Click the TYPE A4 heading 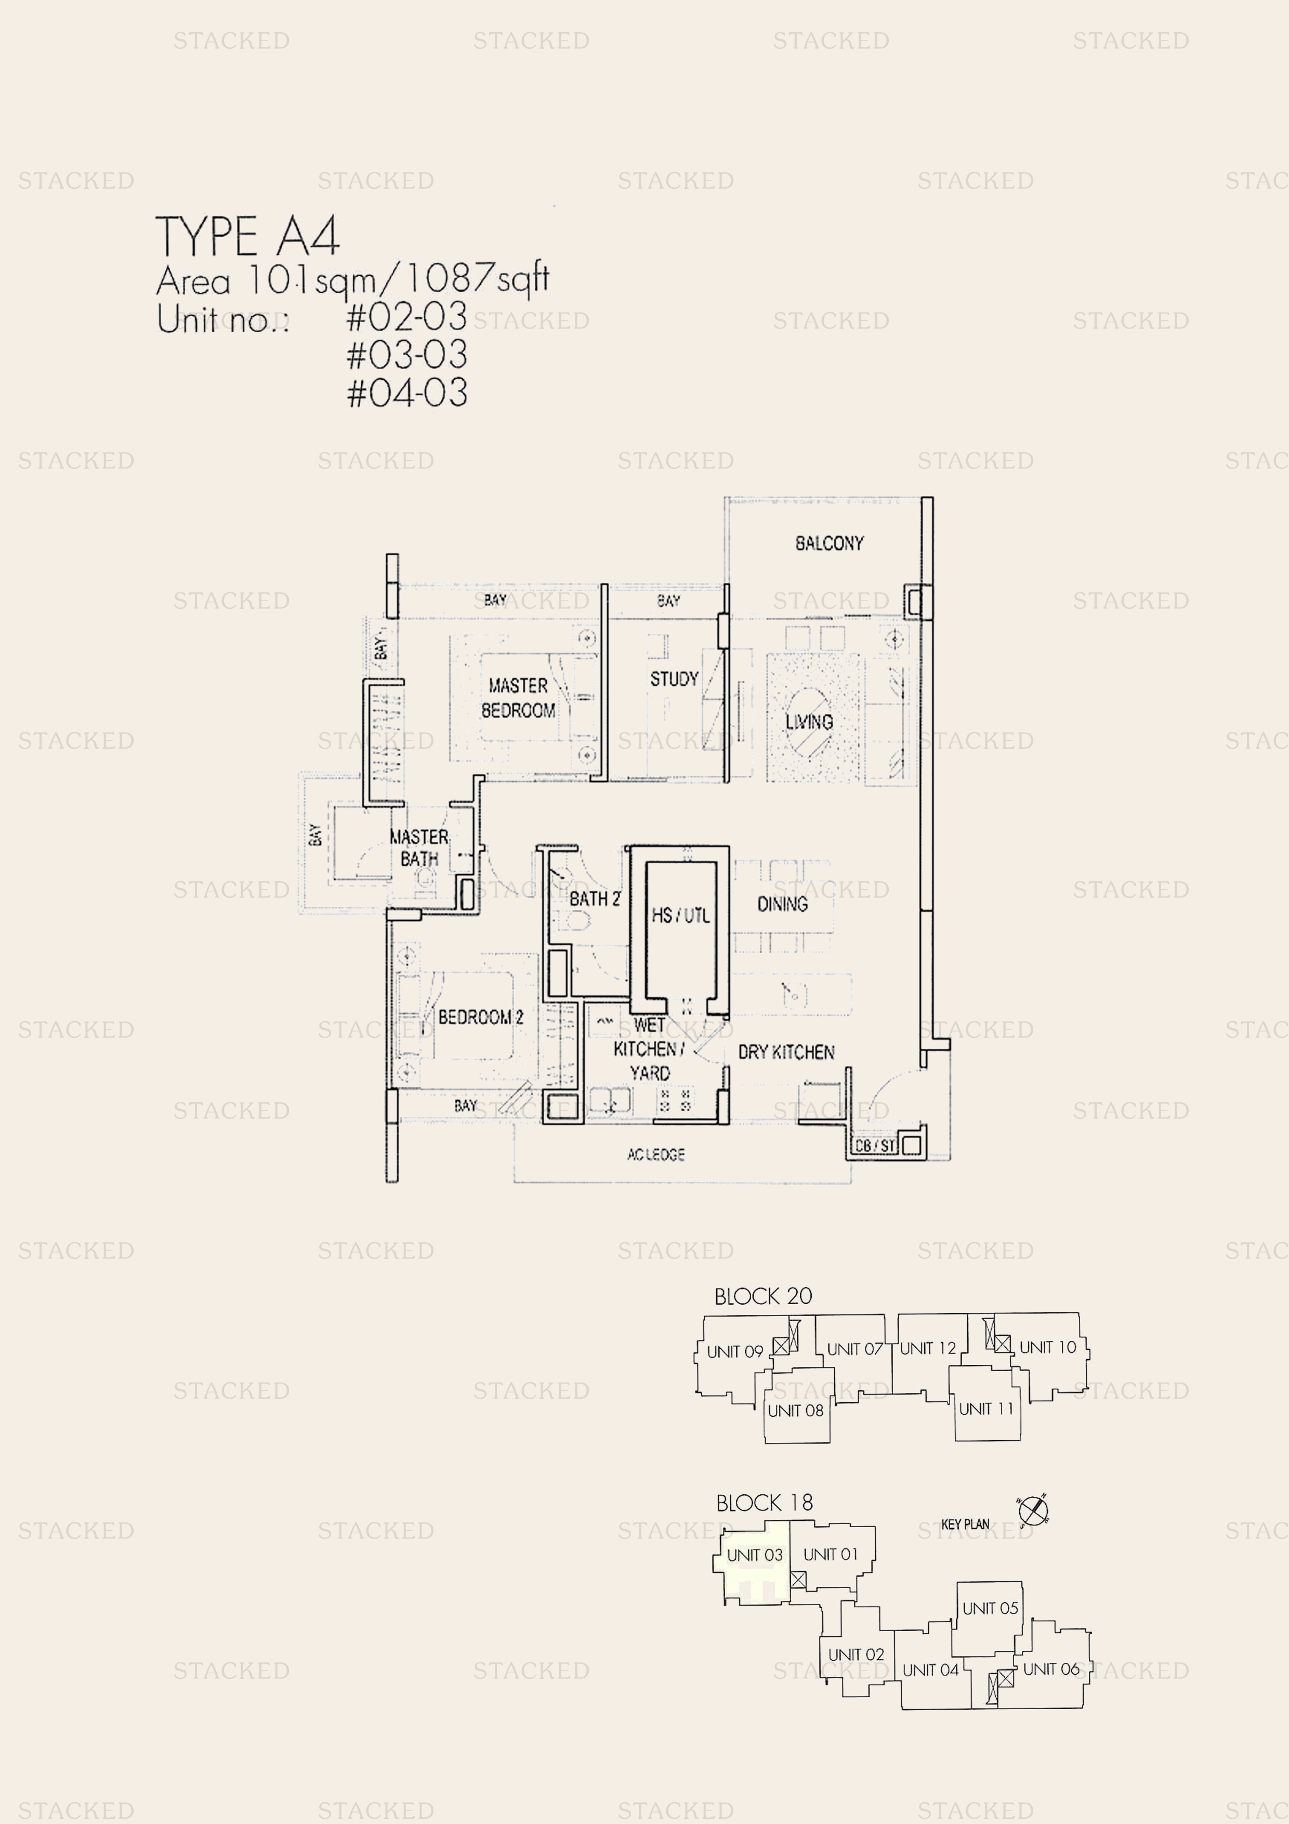(247, 236)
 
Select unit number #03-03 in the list (406, 354)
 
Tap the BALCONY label (829, 543)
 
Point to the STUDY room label (674, 679)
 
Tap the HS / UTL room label (681, 915)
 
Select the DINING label (782, 904)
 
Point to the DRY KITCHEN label (786, 1052)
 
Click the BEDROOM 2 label (480, 1018)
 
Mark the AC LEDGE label (656, 1154)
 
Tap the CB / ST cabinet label (874, 1145)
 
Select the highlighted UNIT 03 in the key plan (755, 1556)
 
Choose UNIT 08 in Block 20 (795, 1411)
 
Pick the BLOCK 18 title (764, 1503)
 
